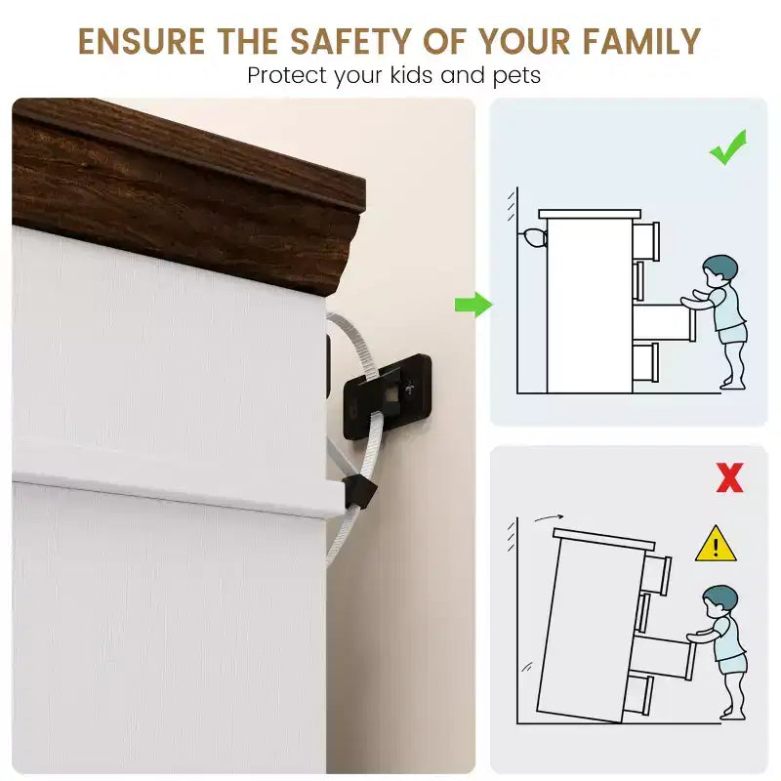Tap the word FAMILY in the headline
coord(641,41)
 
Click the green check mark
coord(728,147)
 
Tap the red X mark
coord(729,477)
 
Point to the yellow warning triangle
coord(716,544)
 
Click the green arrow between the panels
coord(473,305)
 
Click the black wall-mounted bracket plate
coord(387,396)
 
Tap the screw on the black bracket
coord(409,388)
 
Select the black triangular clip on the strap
coord(359,492)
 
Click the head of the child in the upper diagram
coord(719,271)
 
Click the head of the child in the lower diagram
coord(719,601)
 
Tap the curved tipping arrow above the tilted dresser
coord(549,518)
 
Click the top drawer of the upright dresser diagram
coord(646,241)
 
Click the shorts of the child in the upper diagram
coord(731,333)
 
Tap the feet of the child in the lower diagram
coord(733,714)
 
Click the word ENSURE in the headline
coord(142,41)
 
